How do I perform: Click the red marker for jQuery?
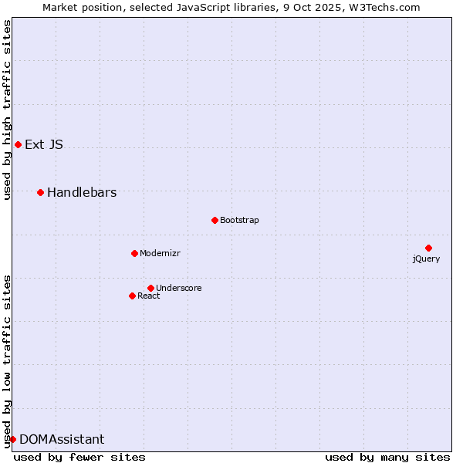428,248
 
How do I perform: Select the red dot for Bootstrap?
215,220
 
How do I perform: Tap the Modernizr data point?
134,253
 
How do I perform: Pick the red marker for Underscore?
150,288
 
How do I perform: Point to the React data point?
132,296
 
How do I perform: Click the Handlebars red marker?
41,192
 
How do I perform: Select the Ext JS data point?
18,144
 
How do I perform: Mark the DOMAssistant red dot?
12,439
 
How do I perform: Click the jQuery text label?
426,259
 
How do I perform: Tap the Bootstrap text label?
239,220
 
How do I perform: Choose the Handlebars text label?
82,192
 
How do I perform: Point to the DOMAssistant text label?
62,439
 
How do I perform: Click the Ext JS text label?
44,144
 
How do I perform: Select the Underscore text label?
178,288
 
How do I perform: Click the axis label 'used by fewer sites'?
79,457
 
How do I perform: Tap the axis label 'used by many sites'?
387,457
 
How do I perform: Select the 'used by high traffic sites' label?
8,110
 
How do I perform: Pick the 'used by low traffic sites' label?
8,360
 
